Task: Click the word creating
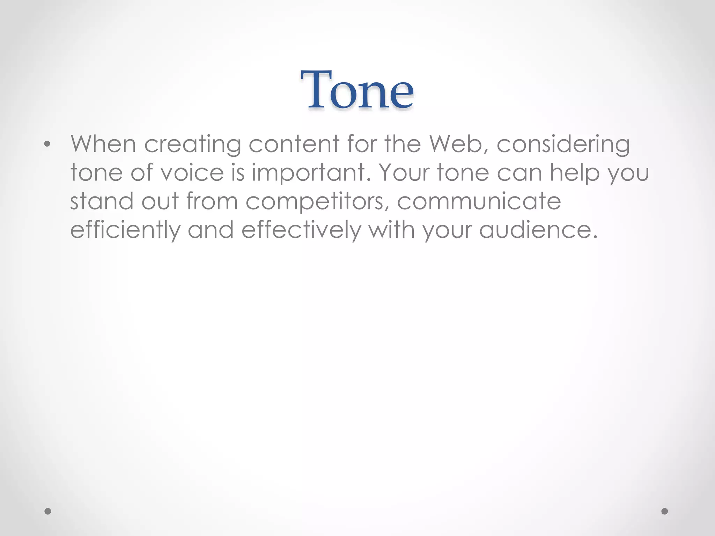[x=193, y=144]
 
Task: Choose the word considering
[x=563, y=144]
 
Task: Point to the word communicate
[x=479, y=201]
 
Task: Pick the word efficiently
[x=126, y=231]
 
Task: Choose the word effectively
[x=301, y=231]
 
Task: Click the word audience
[x=538, y=230]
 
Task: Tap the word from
[x=212, y=201]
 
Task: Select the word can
[x=519, y=173]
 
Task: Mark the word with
[x=392, y=230]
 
